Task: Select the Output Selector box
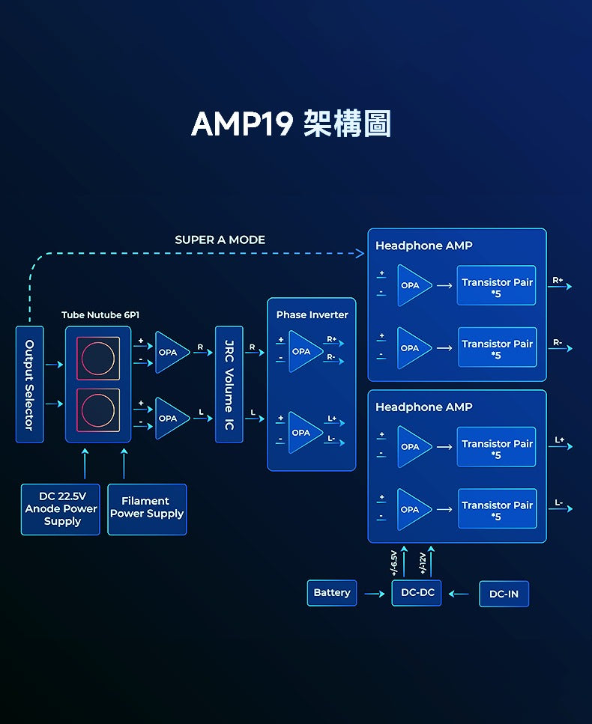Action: coord(29,384)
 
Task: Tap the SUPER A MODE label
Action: coord(220,240)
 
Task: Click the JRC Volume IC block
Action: coord(229,384)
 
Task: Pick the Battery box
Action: coord(332,593)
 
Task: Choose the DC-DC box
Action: coord(417,593)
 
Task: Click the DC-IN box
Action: coord(504,594)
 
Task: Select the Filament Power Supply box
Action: coord(147,509)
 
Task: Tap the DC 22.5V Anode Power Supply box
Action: coord(61,509)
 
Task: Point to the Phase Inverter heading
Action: coord(312,314)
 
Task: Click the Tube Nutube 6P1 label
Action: coord(100,315)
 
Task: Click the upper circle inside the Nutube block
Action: coord(98,359)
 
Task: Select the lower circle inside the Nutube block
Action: coord(98,410)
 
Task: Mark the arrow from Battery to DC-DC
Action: coord(375,594)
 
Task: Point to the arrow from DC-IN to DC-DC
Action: coord(459,594)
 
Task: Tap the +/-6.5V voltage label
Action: coord(393,562)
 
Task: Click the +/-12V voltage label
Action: coord(422,563)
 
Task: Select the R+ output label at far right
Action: coord(558,280)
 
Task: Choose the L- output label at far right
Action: coord(559,502)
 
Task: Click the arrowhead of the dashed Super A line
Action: coord(360,253)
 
